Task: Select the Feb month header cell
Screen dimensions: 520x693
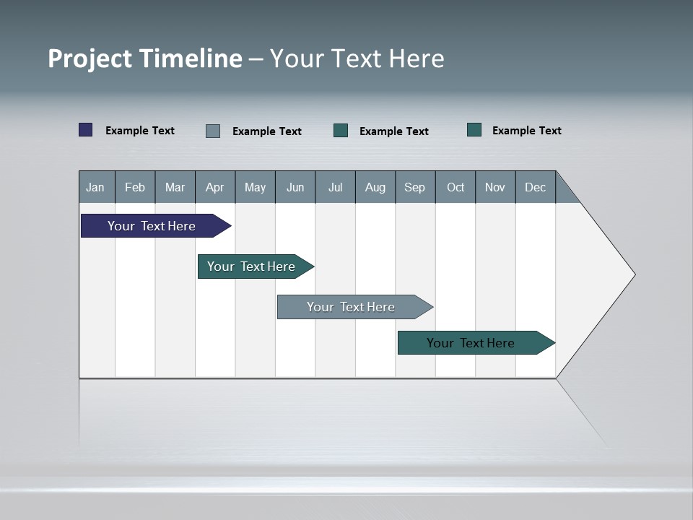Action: pyautogui.click(x=135, y=187)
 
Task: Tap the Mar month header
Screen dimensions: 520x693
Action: pyautogui.click(x=175, y=187)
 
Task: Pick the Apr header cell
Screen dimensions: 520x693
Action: pyautogui.click(x=215, y=187)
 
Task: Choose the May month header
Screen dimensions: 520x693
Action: pyautogui.click(x=255, y=187)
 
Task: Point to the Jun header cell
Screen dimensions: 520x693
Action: pyautogui.click(x=295, y=187)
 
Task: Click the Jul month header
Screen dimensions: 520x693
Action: pyautogui.click(x=335, y=187)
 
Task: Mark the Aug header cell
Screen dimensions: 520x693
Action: pyautogui.click(x=375, y=187)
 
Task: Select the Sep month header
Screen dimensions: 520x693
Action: pyautogui.click(x=415, y=187)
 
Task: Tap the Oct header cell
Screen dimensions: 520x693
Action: pyautogui.click(x=456, y=187)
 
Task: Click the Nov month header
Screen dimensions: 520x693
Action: pyautogui.click(x=495, y=187)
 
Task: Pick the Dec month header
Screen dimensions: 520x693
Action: pyautogui.click(x=536, y=187)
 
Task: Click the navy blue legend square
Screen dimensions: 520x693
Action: pyautogui.click(x=86, y=130)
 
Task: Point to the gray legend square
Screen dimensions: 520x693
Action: pyautogui.click(x=213, y=131)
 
